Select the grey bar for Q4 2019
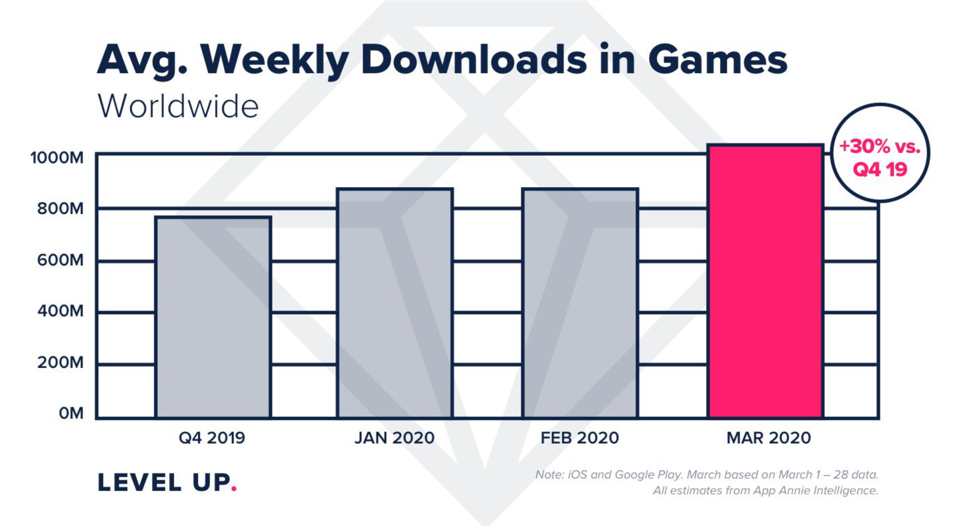tap(213, 318)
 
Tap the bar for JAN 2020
tap(394, 304)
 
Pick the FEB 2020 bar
tap(580, 304)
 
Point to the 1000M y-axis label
tap(57, 158)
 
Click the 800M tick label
tap(60, 209)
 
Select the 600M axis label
tap(60, 260)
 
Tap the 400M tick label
tap(60, 311)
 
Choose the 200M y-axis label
tap(60, 363)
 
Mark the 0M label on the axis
tap(71, 413)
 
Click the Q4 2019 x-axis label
tap(212, 438)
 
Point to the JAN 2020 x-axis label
tap(394, 438)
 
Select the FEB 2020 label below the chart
tap(580, 438)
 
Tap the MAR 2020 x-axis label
tap(768, 438)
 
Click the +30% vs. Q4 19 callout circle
tap(880, 153)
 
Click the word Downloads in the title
tap(474, 60)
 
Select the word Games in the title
tap(717, 60)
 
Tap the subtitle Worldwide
tap(178, 106)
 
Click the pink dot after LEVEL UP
tap(234, 488)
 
